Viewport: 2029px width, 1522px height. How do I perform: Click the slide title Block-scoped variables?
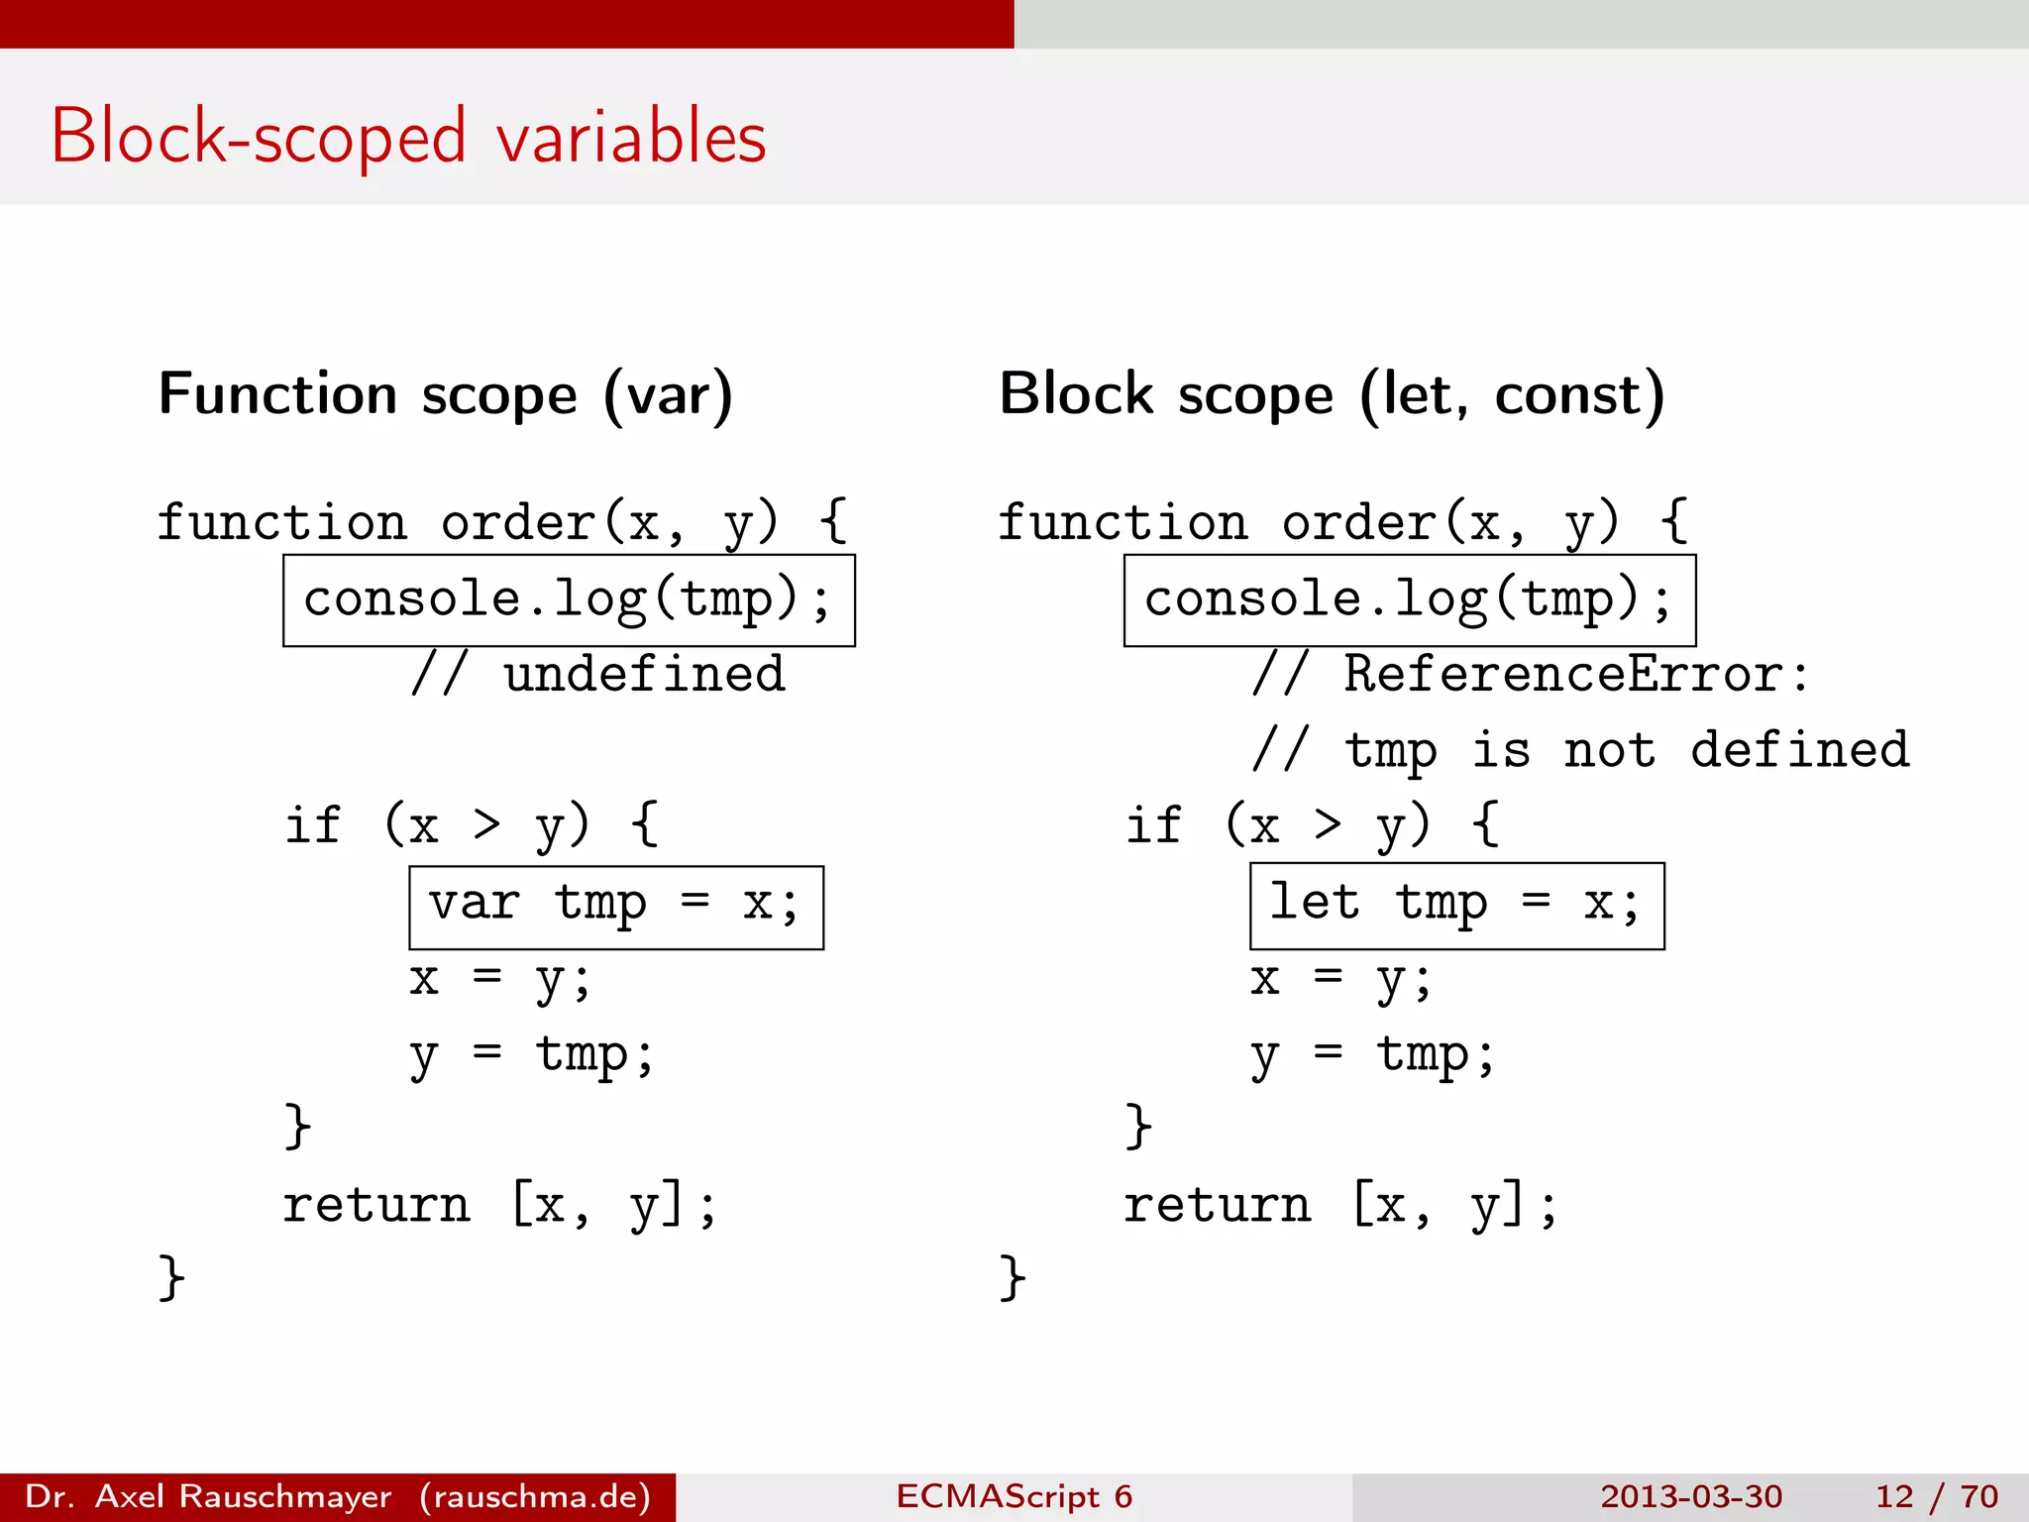pos(408,137)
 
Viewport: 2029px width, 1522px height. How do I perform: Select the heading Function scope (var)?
pos(446,394)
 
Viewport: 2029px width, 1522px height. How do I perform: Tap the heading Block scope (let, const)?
pos(1332,394)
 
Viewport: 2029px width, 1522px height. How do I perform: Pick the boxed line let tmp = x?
pos(1456,906)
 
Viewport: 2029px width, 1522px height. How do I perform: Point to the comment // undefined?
pos(598,676)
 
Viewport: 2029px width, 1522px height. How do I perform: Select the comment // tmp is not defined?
pos(1580,751)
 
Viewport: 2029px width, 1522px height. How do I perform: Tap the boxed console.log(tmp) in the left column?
pos(568,600)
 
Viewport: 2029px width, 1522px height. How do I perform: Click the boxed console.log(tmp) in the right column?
pos(1409,600)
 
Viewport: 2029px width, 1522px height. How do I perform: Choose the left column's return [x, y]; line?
pos(499,1206)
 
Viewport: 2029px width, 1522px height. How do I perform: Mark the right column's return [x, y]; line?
pos(1339,1206)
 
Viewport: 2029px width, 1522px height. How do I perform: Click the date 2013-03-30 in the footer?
pos(1690,1496)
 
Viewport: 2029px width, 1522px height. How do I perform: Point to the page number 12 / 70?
pos(1936,1496)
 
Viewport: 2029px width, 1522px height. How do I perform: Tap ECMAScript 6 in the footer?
pos(1014,1496)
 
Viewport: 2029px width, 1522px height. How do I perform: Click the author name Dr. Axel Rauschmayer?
pos(208,1496)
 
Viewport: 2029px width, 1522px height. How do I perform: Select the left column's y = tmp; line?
pos(531,1056)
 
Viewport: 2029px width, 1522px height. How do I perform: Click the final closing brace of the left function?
pos(171,1277)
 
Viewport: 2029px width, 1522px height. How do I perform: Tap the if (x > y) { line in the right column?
pos(1312,826)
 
